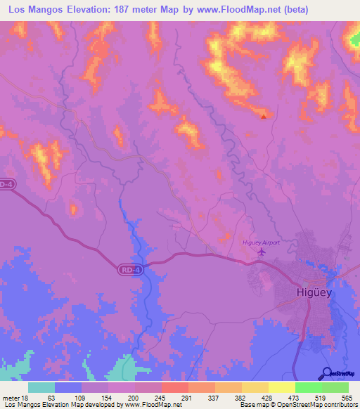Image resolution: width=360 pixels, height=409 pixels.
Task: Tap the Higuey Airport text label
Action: [x=262, y=242]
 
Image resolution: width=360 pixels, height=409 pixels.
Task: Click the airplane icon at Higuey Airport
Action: [x=262, y=252]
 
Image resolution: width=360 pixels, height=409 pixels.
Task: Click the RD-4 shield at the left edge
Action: [x=6, y=184]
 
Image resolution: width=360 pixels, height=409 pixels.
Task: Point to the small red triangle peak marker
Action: [x=264, y=117]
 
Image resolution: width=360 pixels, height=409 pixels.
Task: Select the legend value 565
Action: [x=345, y=397]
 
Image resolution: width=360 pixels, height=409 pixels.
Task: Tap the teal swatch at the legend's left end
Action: [x=41, y=387]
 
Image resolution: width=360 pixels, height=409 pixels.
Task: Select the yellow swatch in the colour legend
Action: [x=281, y=387]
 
